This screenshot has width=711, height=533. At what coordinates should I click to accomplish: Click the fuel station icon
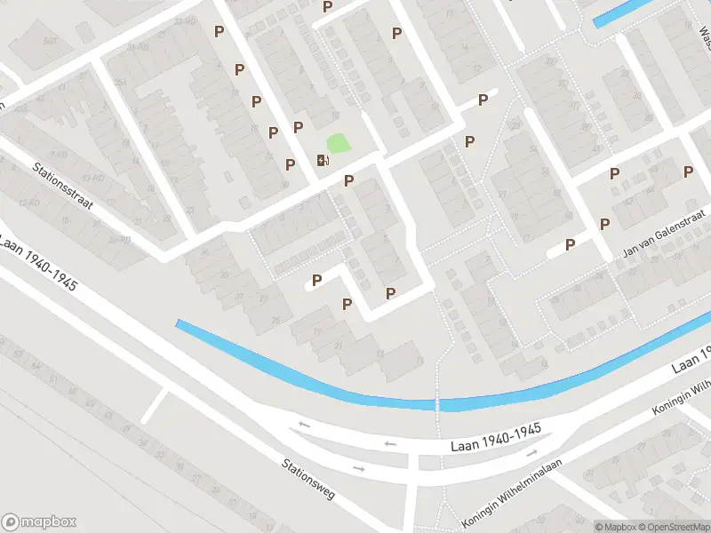(x=322, y=160)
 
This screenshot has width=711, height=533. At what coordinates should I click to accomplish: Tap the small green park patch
(x=338, y=142)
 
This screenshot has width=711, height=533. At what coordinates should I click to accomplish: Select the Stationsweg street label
(x=308, y=479)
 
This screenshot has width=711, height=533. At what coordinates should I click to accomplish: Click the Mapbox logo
(x=39, y=521)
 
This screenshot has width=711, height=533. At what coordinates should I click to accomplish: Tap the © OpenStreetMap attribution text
(x=671, y=526)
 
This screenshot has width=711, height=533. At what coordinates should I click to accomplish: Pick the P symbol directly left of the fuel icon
(x=290, y=164)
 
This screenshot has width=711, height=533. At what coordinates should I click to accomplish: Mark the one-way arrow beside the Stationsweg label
(x=358, y=468)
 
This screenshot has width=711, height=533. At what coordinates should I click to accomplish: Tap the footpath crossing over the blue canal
(x=437, y=404)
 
